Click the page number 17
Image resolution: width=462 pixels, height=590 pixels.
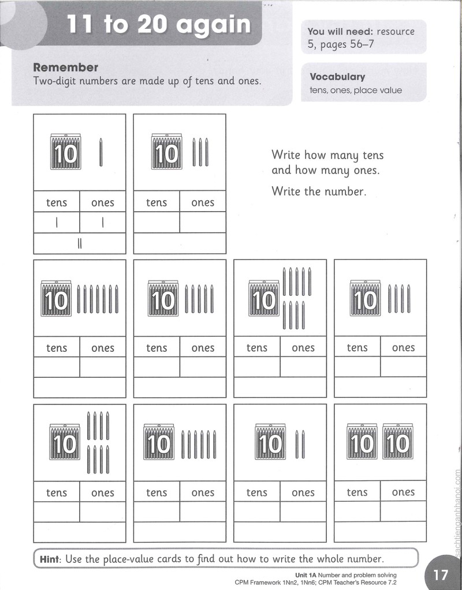pyautogui.click(x=441, y=574)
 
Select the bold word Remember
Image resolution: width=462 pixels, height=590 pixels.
pyautogui.click(x=66, y=67)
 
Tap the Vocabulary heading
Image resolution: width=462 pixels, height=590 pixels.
pyautogui.click(x=337, y=77)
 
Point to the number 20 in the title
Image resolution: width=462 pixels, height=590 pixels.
pyautogui.click(x=152, y=24)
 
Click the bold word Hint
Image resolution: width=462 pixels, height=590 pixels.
pyautogui.click(x=50, y=559)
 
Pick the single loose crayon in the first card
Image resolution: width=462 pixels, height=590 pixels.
pyautogui.click(x=100, y=152)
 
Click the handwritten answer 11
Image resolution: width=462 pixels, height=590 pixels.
pyautogui.click(x=80, y=244)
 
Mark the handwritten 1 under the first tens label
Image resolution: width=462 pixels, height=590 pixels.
pyautogui.click(x=57, y=223)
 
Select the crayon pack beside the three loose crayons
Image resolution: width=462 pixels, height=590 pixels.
pyautogui.click(x=166, y=151)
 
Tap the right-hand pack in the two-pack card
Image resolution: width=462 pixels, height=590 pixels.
pyautogui.click(x=398, y=441)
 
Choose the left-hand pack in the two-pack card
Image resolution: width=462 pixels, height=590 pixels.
pyautogui.click(x=362, y=441)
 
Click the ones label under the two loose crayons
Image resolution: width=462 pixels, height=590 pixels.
pyautogui.click(x=303, y=493)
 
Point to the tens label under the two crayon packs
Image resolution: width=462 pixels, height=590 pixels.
pyautogui.click(x=357, y=492)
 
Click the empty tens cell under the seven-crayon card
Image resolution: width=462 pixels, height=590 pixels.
pyautogui.click(x=57, y=367)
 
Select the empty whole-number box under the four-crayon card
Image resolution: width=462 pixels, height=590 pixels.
pyautogui.click(x=380, y=388)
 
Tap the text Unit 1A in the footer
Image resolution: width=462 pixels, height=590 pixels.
pyautogui.click(x=305, y=575)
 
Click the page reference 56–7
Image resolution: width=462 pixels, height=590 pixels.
pyautogui.click(x=362, y=44)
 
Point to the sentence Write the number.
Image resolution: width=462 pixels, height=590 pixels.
pyautogui.click(x=319, y=191)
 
